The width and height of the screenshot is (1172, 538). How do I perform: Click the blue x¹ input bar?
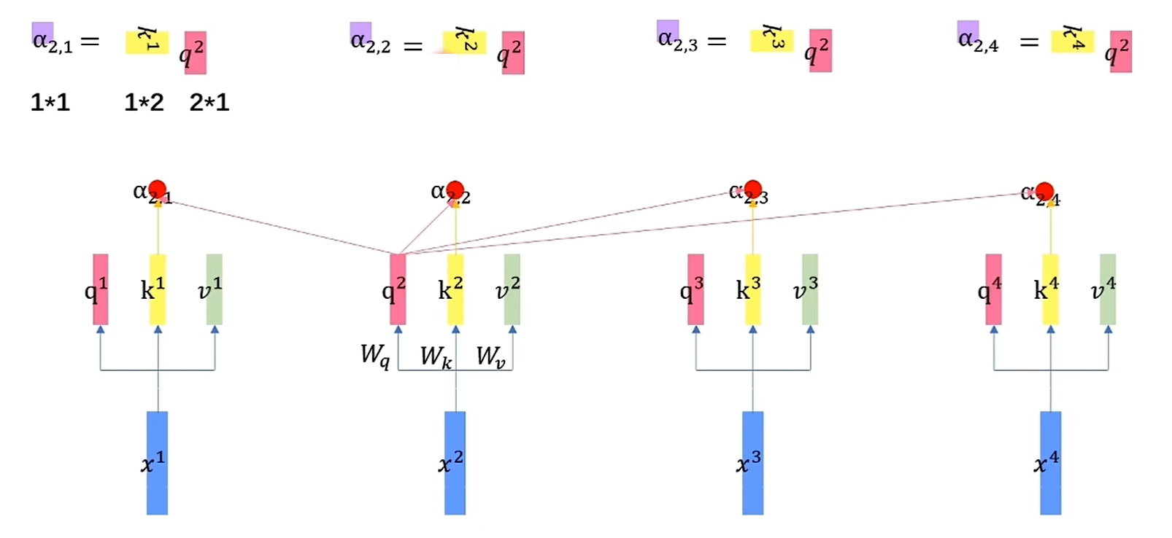157,463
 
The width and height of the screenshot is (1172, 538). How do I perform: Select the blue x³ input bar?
752,463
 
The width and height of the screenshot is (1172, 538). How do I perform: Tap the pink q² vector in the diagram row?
398,289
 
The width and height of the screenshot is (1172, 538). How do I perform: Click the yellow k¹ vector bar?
158,289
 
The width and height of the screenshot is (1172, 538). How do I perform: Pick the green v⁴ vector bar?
1107,289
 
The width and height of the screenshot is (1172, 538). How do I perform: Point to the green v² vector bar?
512,289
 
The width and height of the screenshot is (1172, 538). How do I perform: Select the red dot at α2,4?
1044,192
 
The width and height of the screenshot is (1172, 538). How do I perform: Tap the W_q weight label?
375,355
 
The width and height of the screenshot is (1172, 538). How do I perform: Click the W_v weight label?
490,356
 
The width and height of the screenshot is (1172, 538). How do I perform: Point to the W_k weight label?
436,356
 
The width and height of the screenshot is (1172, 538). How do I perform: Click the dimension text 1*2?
144,103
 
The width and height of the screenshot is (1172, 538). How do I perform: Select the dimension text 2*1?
209,103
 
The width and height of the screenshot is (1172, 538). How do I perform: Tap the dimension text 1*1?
50,103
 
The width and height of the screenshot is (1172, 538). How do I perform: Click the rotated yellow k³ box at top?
771,41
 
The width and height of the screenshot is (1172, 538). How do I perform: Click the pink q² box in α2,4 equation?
1120,51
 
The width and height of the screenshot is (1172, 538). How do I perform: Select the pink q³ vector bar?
695,289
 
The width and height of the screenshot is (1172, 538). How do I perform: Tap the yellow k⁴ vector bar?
1050,289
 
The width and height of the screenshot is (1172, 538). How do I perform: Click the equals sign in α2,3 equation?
717,42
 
